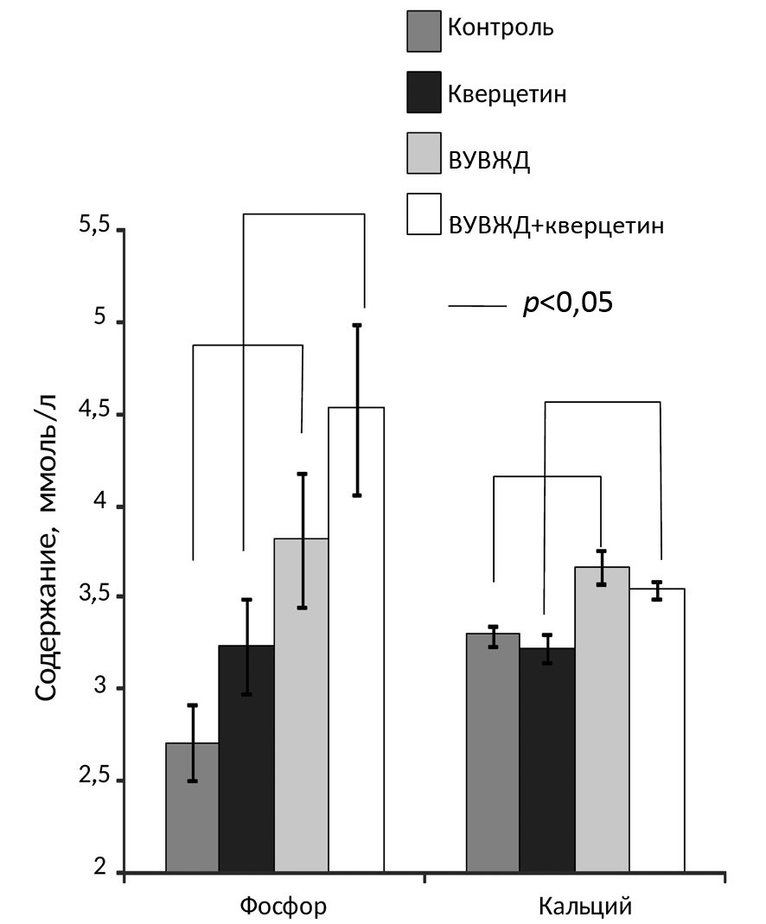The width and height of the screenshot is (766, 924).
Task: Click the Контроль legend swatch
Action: click(x=424, y=30)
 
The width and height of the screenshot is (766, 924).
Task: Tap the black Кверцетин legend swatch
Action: click(x=424, y=92)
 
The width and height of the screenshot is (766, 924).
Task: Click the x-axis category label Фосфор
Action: click(x=284, y=907)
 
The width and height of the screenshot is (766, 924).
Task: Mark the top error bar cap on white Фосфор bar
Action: click(x=356, y=325)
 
